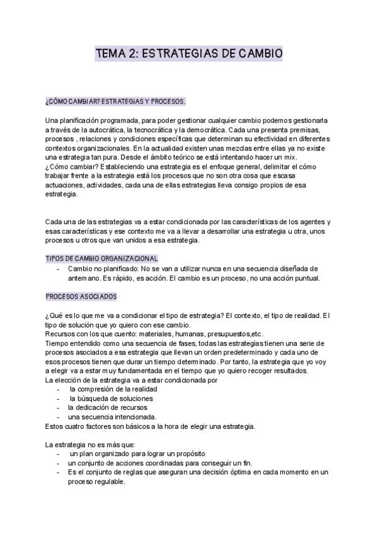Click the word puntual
305,278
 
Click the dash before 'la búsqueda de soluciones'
59,399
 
